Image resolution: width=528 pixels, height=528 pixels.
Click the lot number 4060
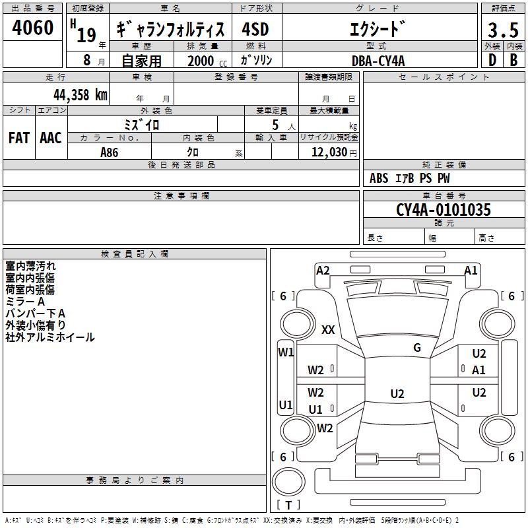point(33,28)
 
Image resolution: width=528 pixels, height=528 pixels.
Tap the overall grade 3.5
point(502,31)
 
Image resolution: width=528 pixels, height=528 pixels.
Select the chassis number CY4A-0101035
point(443,211)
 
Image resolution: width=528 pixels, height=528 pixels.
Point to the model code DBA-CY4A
point(378,61)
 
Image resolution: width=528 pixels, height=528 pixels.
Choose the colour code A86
point(110,152)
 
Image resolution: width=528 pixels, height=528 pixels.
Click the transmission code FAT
point(18,137)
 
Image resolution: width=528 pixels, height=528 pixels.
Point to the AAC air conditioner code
point(51,137)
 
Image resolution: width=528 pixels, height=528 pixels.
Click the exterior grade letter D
point(492,61)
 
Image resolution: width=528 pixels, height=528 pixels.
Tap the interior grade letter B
point(513,61)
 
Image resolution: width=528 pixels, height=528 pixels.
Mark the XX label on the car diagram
point(328,330)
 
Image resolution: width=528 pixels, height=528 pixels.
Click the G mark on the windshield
point(417,348)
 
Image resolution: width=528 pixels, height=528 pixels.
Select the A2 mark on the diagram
point(323,270)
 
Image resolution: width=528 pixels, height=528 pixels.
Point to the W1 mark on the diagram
point(285,352)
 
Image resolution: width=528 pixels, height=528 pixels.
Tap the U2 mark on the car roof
point(397,394)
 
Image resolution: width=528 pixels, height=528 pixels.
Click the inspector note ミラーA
point(25,302)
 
